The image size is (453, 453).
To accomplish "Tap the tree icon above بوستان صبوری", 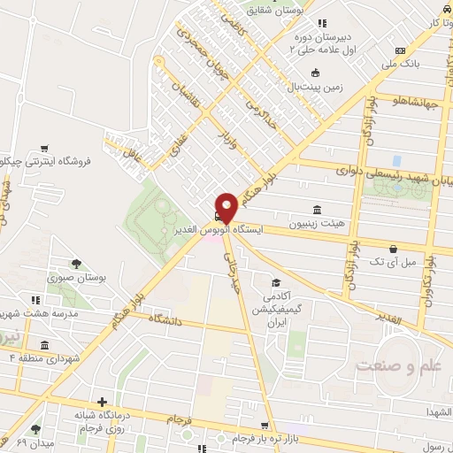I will [x=75, y=263].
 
